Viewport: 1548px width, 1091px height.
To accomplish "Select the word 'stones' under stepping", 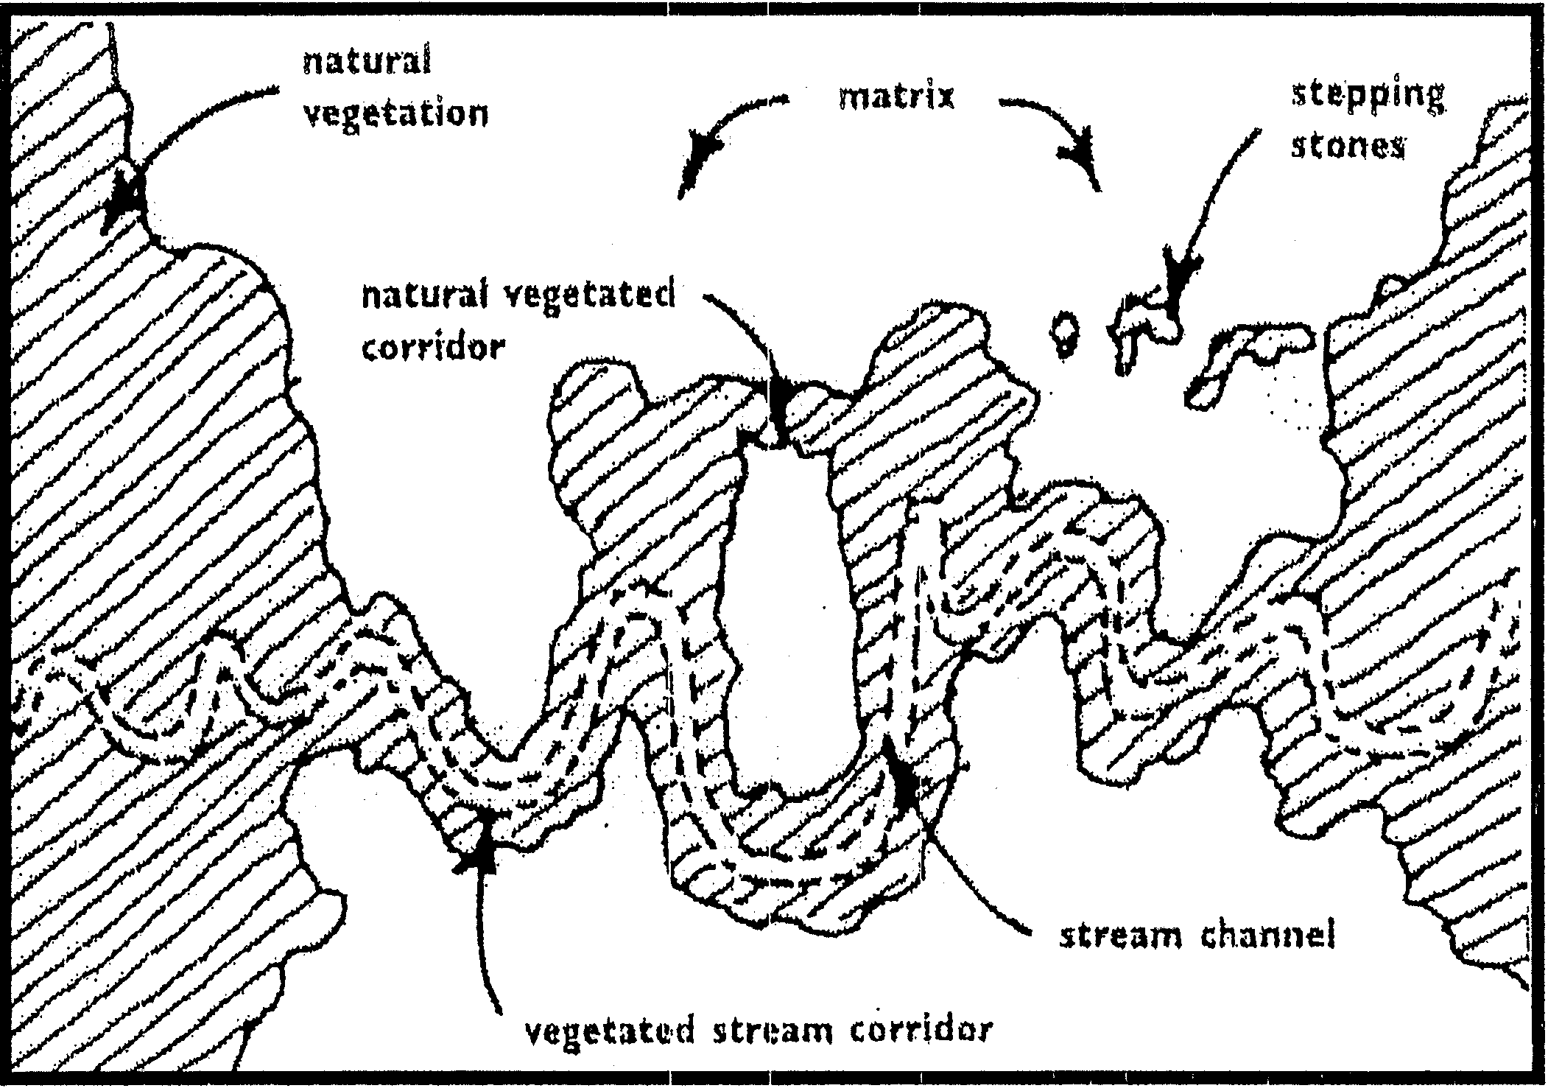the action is [x=1347, y=147].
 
